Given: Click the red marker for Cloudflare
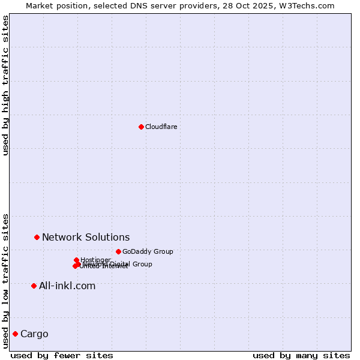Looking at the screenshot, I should [141, 127].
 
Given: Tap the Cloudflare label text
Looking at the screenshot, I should [161, 127].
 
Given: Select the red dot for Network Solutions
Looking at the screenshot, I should [37, 237].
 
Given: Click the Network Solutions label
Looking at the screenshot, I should [86, 237].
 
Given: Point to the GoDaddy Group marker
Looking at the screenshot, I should [118, 251].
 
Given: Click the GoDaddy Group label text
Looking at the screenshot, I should [148, 251].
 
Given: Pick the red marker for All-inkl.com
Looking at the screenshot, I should [34, 286].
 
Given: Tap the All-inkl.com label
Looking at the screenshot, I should [67, 286].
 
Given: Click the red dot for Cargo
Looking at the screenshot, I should [15, 334].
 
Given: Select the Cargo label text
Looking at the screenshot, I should [34, 334].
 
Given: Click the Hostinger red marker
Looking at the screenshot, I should [76, 260].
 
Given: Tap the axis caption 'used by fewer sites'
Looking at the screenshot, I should [62, 355].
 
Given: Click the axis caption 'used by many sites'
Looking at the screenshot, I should [301, 355].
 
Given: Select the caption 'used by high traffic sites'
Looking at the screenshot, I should [5, 85].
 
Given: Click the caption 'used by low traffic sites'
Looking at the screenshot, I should [5, 280].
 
